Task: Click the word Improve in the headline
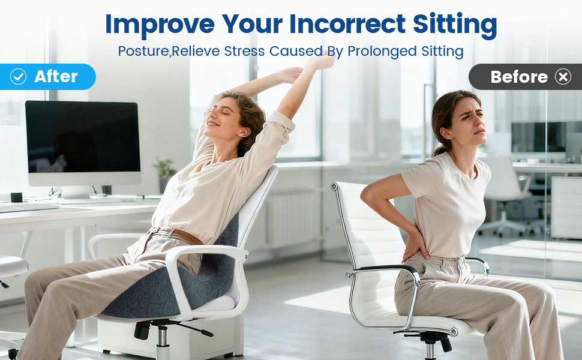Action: pos(160,24)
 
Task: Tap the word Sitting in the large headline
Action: pos(455,24)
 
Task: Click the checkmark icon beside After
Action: pos(19,76)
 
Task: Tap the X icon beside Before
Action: pos(563,77)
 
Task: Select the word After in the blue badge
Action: pos(56,76)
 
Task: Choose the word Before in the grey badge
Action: pos(519,77)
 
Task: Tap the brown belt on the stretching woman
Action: pos(180,235)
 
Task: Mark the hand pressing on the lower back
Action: pos(414,243)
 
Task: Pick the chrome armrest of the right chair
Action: pos(384,271)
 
